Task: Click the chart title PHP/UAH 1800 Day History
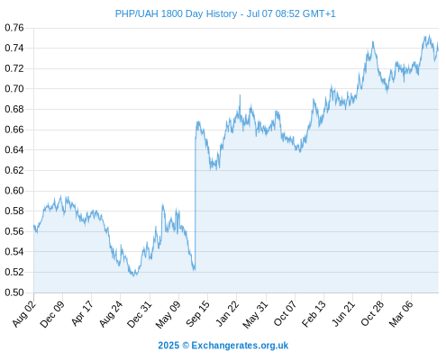coord(176,13)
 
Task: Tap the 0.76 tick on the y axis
coord(14,28)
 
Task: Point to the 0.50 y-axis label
coord(14,292)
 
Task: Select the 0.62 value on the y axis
coord(14,170)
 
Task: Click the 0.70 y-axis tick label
coord(14,89)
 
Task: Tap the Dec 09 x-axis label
coord(52,314)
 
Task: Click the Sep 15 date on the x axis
coord(198,314)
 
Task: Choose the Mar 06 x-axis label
coord(401,314)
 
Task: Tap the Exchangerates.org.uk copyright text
coord(240,346)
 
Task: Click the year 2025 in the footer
coord(168,346)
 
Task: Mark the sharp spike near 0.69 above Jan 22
coord(240,95)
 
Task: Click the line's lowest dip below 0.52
coord(134,275)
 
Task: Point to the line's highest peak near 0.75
coord(429,35)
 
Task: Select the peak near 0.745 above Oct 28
coord(373,41)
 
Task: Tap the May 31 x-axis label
coord(255,314)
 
